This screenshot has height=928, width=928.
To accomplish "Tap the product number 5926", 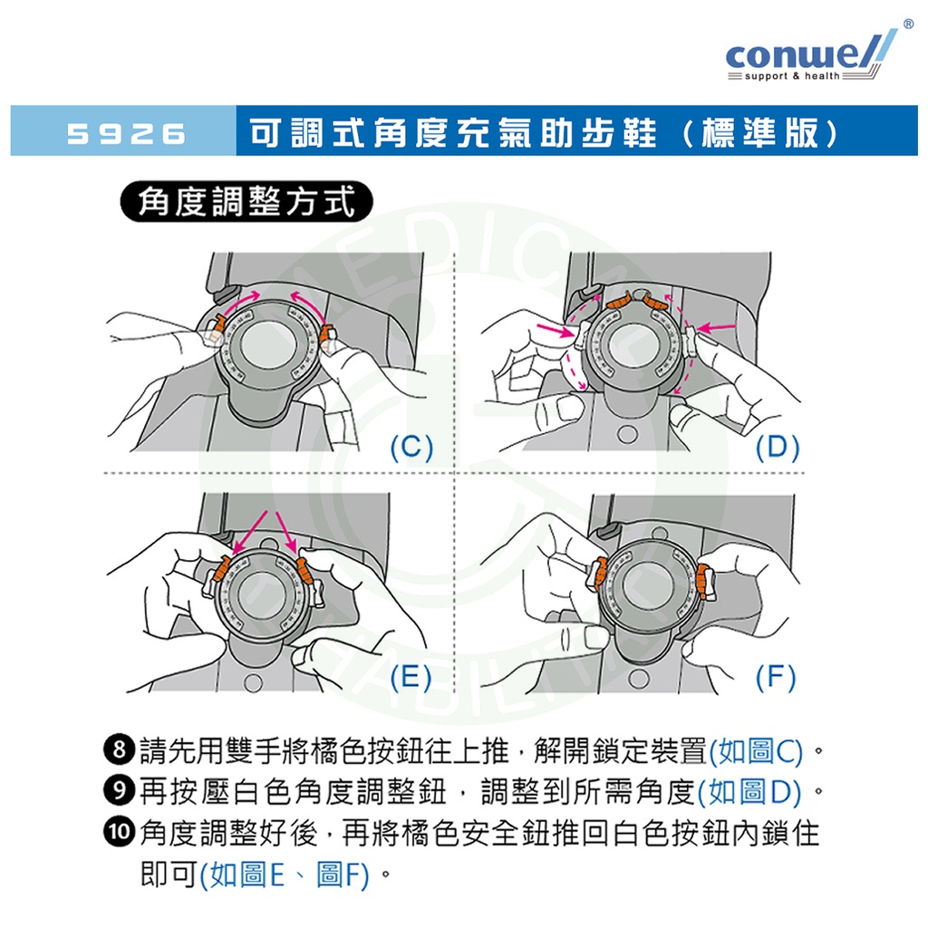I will [127, 134].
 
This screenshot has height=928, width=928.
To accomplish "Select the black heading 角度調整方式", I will [246, 201].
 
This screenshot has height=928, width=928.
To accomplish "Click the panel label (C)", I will [411, 447].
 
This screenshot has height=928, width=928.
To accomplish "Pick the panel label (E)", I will [411, 677].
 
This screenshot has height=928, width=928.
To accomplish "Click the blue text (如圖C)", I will [756, 751].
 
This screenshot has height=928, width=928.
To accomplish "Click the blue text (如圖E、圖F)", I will [285, 875].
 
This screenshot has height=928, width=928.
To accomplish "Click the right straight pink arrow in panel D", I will [716, 324].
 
